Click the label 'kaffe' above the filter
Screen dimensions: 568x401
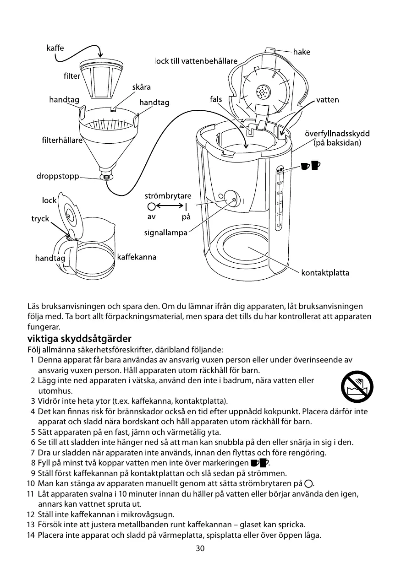(x=55, y=48)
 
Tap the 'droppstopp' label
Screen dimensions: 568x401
(x=57, y=176)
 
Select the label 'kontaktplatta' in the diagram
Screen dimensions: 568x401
(x=325, y=273)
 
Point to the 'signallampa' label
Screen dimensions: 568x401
(x=166, y=233)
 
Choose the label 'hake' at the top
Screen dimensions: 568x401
(x=301, y=52)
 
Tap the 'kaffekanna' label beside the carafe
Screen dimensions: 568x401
(x=137, y=257)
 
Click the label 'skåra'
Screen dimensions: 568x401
(x=141, y=87)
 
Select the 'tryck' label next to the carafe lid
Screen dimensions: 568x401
(x=40, y=219)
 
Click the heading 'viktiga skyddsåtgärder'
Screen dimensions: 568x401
(x=79, y=339)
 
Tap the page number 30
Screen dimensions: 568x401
(x=200, y=548)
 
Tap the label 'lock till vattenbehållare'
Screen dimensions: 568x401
(x=196, y=61)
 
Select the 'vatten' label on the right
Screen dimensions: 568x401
(x=327, y=100)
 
